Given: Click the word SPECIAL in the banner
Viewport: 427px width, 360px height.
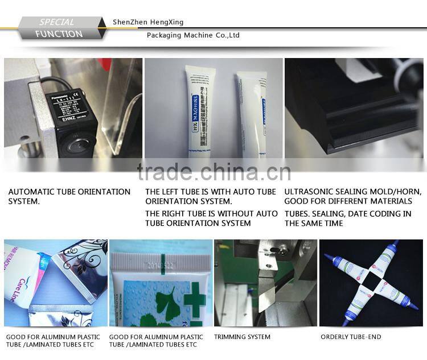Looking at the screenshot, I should tap(56, 22).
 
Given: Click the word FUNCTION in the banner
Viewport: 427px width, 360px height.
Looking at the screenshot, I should tap(59, 34).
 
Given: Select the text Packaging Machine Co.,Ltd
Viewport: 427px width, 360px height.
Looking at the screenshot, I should tap(193, 35).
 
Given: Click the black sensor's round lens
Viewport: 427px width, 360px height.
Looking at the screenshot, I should tap(72, 143).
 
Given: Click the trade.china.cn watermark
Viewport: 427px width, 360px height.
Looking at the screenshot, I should tap(214, 171).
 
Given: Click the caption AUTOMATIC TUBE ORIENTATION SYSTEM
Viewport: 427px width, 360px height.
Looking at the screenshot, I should tap(69, 196).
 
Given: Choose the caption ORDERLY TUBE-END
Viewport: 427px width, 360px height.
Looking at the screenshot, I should tap(351, 337).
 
